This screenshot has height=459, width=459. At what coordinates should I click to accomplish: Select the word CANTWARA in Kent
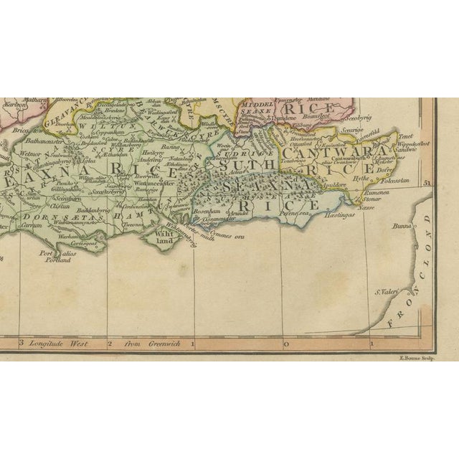tap(318, 153)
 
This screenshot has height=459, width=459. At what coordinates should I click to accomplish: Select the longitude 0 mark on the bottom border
tap(286, 344)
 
